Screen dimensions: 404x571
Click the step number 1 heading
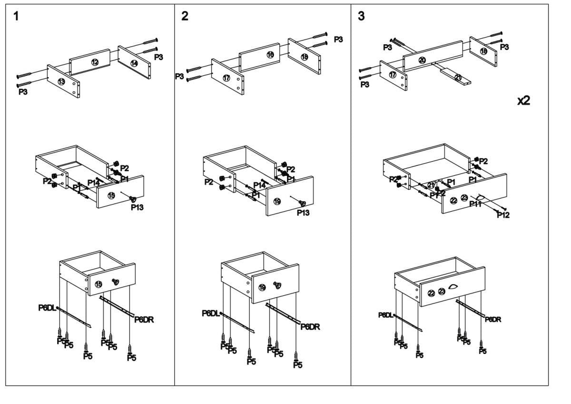coord(17,16)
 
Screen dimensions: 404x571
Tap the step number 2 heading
coord(185,16)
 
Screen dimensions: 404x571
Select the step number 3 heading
coord(362,16)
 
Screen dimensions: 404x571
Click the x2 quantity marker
coord(524,101)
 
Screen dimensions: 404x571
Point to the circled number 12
coord(95,62)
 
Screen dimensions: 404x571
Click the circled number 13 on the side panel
coord(61,82)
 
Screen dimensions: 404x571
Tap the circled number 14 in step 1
coord(134,63)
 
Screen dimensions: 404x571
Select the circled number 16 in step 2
coord(270,55)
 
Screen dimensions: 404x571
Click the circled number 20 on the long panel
coord(422,60)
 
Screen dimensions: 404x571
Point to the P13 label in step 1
coord(137,207)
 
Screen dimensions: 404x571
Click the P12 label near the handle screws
coord(503,215)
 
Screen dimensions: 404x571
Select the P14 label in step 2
coord(259,185)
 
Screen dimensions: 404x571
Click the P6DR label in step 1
coord(144,320)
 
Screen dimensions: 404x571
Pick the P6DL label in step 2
coord(211,313)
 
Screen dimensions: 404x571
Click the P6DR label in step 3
coord(492,319)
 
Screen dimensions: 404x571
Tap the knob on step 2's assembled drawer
coord(277,285)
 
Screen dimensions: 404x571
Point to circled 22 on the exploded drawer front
coord(453,200)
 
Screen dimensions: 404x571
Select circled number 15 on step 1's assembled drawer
coord(98,284)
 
